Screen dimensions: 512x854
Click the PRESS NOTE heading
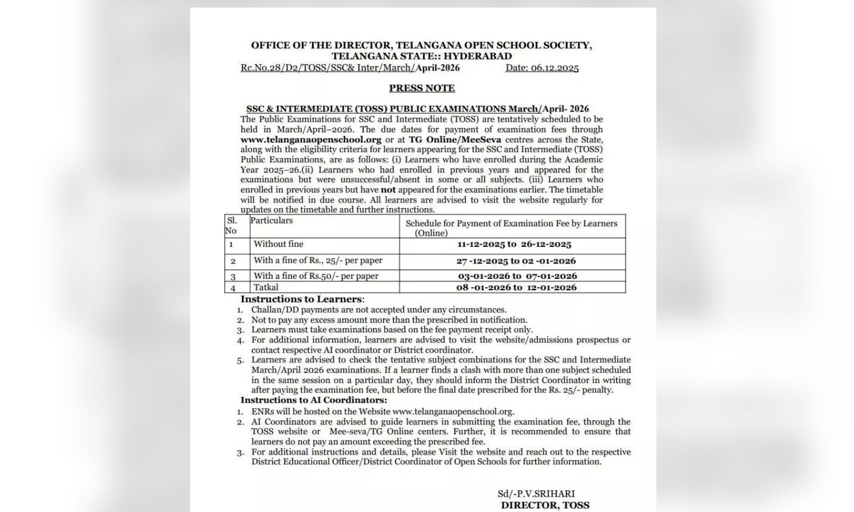[422, 88]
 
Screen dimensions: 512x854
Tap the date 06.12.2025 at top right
[542, 68]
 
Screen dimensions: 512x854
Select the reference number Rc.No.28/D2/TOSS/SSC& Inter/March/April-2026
[350, 68]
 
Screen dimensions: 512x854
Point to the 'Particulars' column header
[272, 221]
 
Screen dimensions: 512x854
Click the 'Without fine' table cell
[278, 244]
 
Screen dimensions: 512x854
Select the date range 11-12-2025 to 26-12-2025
[514, 245]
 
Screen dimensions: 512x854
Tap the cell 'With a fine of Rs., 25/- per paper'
[318, 261]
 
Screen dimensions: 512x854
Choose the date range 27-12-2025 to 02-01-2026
[516, 261]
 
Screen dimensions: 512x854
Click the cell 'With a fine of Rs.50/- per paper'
[316, 276]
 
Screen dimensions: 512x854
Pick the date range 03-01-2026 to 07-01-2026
[517, 276]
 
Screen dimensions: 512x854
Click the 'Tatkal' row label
[266, 287]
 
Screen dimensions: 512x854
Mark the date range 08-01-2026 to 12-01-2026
[516, 288]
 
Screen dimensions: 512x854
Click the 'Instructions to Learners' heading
[302, 299]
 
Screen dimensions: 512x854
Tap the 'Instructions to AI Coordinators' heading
[314, 400]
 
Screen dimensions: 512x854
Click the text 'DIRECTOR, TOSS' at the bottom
[545, 505]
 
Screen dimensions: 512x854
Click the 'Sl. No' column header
[231, 225]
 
